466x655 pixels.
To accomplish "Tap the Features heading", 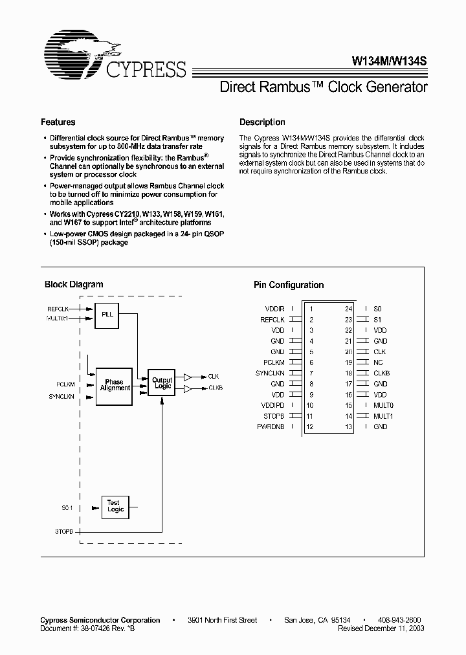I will (58, 122).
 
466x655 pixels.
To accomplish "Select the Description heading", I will (262, 122).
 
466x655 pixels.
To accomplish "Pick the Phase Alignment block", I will (115, 386).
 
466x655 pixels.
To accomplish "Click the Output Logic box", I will (162, 383).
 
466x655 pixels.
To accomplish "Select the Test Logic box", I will (115, 506).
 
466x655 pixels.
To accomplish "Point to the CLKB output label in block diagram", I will (215, 388).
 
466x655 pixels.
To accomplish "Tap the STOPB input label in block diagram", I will (65, 531).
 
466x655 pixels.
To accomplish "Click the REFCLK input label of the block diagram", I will (58, 309).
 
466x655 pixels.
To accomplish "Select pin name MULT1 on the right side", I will (383, 416).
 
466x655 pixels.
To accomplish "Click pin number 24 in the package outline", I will (348, 309).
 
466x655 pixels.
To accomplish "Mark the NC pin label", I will (378, 362).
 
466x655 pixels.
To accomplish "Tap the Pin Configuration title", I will (288, 285).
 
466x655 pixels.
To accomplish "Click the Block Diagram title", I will (74, 284).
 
